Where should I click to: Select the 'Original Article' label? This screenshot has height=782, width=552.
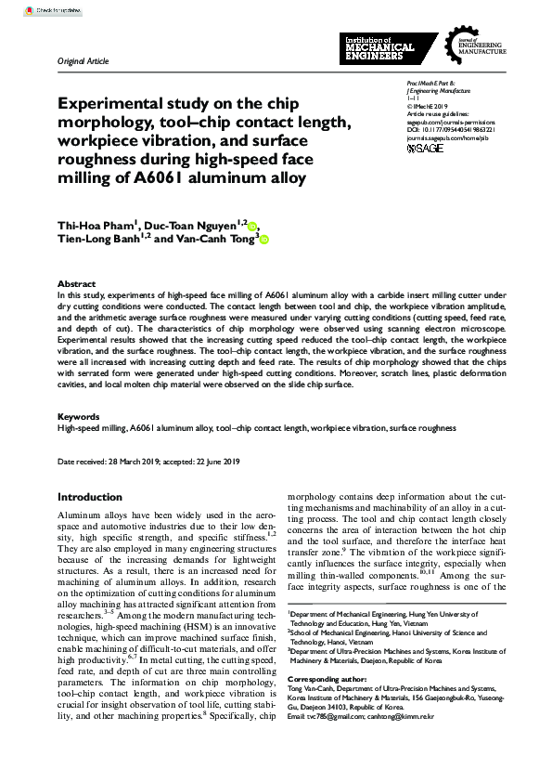pos(83,61)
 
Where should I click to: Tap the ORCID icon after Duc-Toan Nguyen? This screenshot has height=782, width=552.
pos(253,225)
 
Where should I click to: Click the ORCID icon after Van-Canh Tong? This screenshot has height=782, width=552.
pos(263,240)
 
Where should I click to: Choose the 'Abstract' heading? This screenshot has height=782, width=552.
pos(76,284)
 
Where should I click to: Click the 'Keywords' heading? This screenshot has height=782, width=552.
pos(79,417)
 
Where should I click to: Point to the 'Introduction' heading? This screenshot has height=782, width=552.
pos(90,497)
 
